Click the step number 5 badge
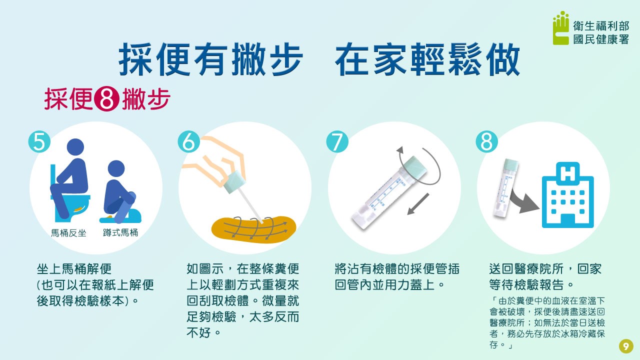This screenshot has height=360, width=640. pos(39,141)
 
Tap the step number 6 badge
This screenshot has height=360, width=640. pos(188,141)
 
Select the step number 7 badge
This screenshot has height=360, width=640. pos(337,141)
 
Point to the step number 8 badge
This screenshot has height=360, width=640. pos(487,141)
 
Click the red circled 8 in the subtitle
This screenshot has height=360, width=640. pos(107,99)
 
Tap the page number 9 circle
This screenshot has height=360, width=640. pos(626,346)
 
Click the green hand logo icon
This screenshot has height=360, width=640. pos(561,28)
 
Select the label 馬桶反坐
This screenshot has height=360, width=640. pos(68,233)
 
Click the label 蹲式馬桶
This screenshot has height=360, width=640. pos(120,233)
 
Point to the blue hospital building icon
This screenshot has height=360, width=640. pos(568,195)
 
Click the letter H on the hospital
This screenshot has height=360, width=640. pos(568,174)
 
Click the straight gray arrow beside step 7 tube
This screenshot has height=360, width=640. pos(418,204)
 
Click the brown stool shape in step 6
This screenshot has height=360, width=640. pos(253,229)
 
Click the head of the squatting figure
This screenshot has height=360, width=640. pos(116,168)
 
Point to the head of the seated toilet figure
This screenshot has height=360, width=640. pos(75,147)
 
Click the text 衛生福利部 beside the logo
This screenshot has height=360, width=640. pos(601,26)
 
